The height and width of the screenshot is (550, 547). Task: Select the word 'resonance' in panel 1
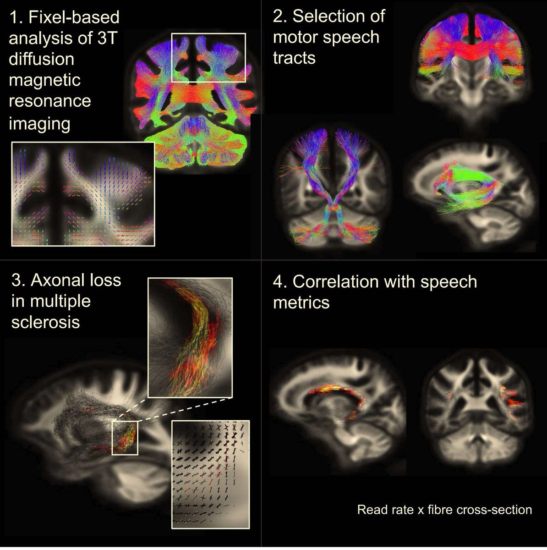click(x=50, y=101)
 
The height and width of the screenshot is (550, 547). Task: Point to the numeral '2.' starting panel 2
click(x=280, y=16)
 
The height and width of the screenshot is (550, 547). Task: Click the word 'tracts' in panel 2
click(x=294, y=58)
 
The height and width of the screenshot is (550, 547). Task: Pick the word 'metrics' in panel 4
click(x=301, y=302)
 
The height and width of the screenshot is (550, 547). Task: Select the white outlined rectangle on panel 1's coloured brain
click(x=208, y=57)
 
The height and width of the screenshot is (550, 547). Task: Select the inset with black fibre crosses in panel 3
click(x=210, y=474)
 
